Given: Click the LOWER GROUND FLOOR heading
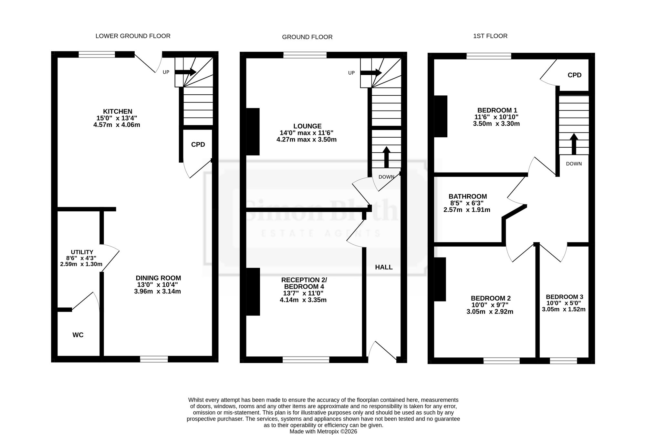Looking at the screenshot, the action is click(x=133, y=36).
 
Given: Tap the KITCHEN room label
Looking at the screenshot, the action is click(x=118, y=111).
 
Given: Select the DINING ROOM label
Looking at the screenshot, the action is click(x=158, y=278).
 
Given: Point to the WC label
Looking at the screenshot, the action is click(x=78, y=335).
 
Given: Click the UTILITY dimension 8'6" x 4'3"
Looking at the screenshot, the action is click(x=81, y=258).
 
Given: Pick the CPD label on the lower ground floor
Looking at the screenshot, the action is click(x=198, y=144).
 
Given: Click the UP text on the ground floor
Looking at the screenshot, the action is click(x=351, y=73).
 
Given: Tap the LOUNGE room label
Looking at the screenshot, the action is click(x=307, y=126).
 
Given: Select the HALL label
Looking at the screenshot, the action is click(x=384, y=267).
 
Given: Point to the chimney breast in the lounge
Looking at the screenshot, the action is click(x=253, y=132).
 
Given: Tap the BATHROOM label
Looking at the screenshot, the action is click(x=468, y=196).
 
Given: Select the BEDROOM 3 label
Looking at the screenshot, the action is click(x=565, y=297).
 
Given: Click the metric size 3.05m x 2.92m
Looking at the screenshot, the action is click(x=490, y=312).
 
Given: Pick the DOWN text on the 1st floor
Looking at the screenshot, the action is click(x=574, y=164).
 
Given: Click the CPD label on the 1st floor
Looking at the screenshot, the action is click(x=575, y=75).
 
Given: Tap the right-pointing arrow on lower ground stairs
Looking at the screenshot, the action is click(x=185, y=72).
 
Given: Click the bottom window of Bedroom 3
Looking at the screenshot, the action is click(x=563, y=360).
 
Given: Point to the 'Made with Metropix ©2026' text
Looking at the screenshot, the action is click(x=323, y=431).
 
